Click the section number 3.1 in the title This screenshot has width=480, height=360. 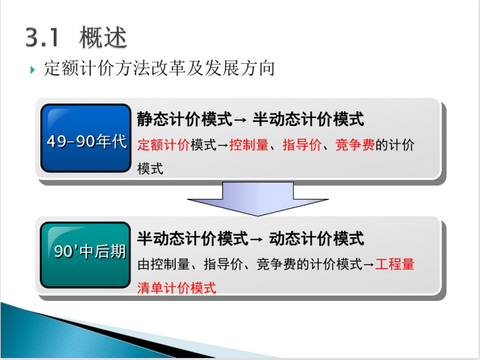(42, 37)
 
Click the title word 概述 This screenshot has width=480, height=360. (103, 37)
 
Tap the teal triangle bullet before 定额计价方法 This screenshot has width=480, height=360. (32, 70)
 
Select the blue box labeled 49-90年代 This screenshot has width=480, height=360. (86, 138)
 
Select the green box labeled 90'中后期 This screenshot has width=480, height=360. (86, 255)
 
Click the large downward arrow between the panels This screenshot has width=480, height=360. (258, 199)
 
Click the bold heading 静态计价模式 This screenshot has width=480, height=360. (184, 119)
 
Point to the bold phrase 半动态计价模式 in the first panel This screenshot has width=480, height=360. (308, 119)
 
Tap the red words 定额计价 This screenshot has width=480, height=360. (164, 145)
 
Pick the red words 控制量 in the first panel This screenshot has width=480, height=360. (249, 145)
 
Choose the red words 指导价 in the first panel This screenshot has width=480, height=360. (302, 145)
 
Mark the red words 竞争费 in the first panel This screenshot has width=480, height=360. (355, 145)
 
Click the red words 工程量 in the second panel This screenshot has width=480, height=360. (394, 264)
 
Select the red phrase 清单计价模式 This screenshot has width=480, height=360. (176, 288)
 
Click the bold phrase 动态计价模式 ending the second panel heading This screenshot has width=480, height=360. (316, 239)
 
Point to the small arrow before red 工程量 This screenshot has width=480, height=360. (369, 265)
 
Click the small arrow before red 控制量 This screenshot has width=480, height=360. (223, 145)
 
